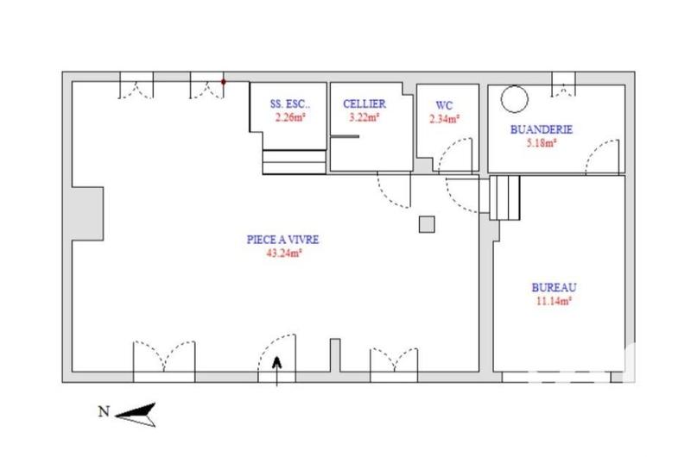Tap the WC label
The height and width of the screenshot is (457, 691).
pyautogui.click(x=445, y=106)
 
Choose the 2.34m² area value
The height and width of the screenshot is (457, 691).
pyautogui.click(x=445, y=119)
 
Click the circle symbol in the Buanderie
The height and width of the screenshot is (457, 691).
pyautogui.click(x=515, y=97)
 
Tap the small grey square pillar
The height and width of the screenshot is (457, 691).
pyautogui.click(x=426, y=224)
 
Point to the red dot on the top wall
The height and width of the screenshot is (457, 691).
pyautogui.click(x=224, y=82)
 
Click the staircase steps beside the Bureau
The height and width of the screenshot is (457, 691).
pyautogui.click(x=504, y=197)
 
